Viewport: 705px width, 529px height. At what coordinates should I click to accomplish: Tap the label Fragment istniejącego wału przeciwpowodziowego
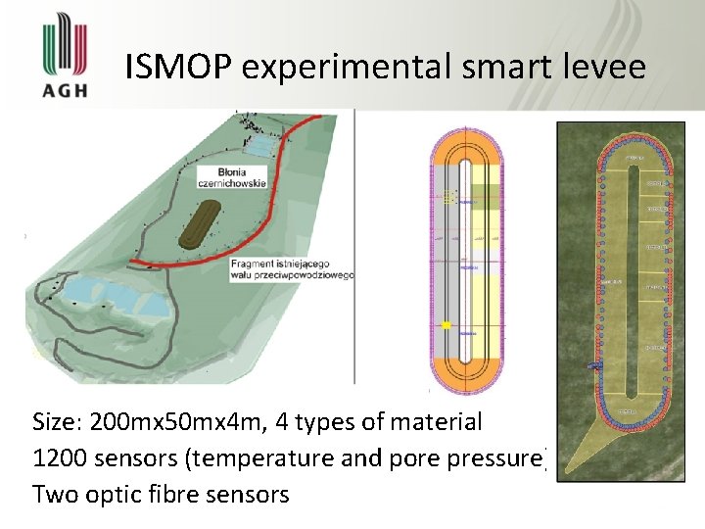(x=291, y=269)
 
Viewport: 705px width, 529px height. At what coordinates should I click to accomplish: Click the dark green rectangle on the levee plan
(x=487, y=195)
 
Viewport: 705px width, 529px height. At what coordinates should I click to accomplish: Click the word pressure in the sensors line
(x=499, y=458)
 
